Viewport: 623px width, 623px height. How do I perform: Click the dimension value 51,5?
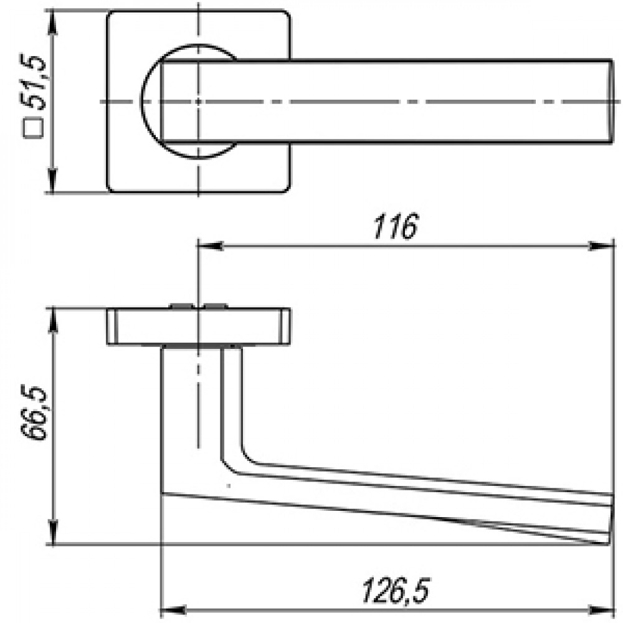coord(34,83)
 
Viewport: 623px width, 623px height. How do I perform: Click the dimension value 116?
coord(396,227)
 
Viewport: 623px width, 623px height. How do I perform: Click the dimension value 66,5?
coord(34,412)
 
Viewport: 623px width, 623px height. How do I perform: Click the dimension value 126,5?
coord(396,591)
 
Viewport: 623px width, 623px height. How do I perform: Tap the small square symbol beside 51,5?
coord(33,128)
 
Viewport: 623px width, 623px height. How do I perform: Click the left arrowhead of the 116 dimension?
coord(210,246)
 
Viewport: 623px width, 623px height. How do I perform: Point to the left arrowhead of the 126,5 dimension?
coord(173,610)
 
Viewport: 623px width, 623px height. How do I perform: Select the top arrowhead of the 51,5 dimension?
coord(52,22)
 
